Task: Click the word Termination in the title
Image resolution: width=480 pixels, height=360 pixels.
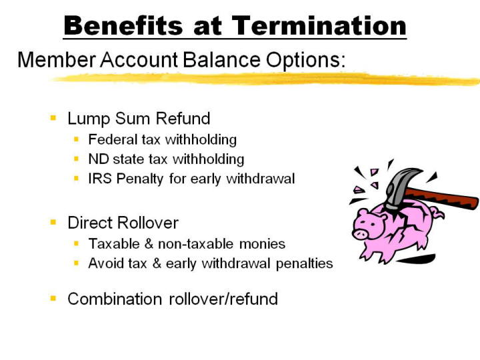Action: pyautogui.click(x=319, y=25)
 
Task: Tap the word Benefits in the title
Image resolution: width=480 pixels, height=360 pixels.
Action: pyautogui.click(x=123, y=25)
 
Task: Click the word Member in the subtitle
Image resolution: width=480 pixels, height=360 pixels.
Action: pyautogui.click(x=57, y=59)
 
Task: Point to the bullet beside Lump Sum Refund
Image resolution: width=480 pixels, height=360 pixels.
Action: pyautogui.click(x=53, y=117)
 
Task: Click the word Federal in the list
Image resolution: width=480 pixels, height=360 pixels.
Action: pyautogui.click(x=113, y=139)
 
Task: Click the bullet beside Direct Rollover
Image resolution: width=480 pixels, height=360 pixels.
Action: pyautogui.click(x=53, y=222)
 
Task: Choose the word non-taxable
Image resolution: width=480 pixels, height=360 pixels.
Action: pyautogui.click(x=195, y=244)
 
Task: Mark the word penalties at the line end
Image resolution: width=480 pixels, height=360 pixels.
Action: pyautogui.click(x=304, y=264)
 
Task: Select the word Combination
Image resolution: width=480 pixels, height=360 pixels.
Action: pyautogui.click(x=115, y=299)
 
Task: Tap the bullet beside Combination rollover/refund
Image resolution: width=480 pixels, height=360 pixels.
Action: pyautogui.click(x=53, y=298)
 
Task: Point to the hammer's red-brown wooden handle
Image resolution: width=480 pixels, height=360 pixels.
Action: pyautogui.click(x=444, y=199)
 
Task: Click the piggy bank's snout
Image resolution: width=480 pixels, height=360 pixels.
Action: pyautogui.click(x=360, y=234)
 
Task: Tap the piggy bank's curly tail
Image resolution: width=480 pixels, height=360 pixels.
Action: pyautogui.click(x=437, y=213)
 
